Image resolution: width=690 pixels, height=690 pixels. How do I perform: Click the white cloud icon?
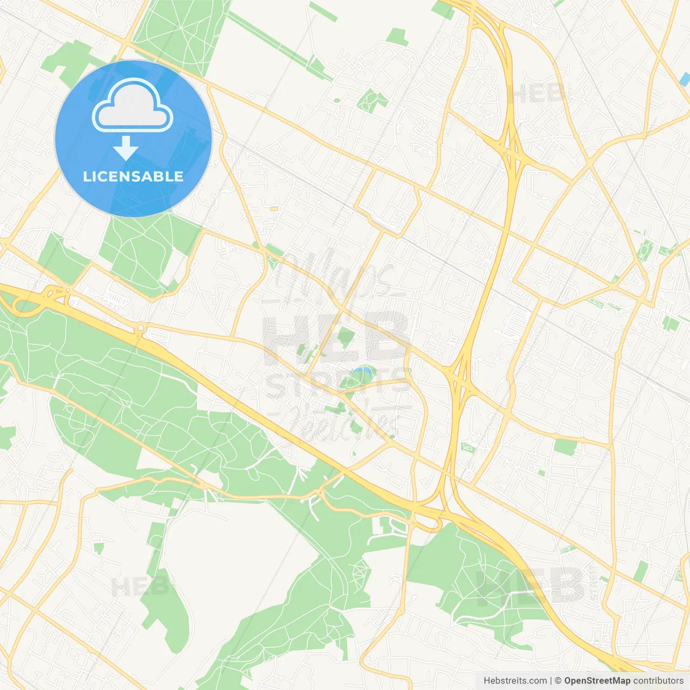tap(133, 106)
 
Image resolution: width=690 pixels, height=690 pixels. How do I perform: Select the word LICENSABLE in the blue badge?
tap(133, 176)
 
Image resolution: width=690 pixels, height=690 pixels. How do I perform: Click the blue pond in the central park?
tap(362, 371)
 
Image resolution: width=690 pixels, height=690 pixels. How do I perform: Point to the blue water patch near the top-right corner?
tap(685, 80)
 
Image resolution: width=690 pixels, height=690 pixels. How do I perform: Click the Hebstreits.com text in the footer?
tap(515, 681)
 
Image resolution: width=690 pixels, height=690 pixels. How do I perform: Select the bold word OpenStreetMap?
tap(597, 681)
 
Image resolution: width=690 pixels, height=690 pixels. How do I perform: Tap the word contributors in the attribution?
tap(658, 681)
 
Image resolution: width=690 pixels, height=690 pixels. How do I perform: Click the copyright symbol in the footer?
tap(558, 681)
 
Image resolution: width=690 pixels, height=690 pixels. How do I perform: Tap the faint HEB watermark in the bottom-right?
tap(531, 585)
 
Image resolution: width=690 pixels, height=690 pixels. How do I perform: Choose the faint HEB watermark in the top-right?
tap(539, 94)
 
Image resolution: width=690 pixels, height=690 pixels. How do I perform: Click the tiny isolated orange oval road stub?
tap(274, 208)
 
